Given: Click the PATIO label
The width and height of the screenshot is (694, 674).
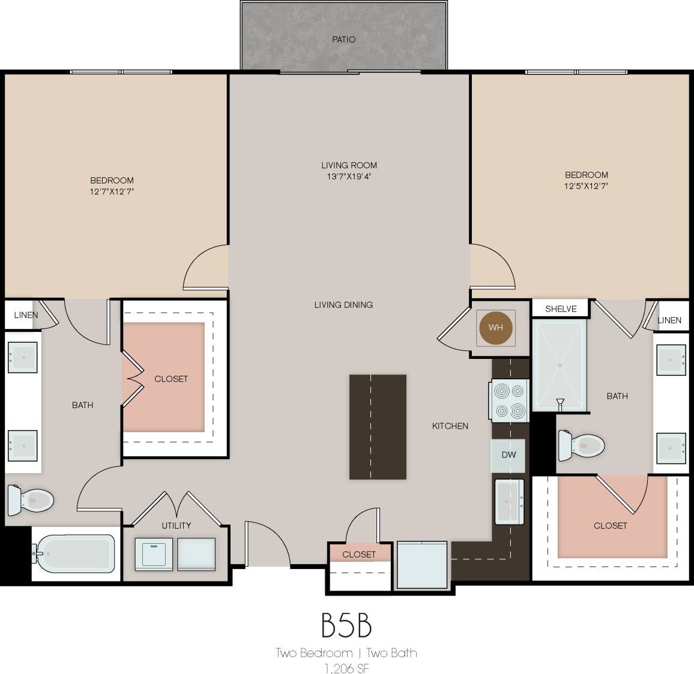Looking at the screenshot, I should pos(343,40).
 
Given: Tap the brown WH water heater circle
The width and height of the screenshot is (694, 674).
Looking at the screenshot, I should pos(495,327).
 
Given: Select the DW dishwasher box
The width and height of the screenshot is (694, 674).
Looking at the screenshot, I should pos(508,454).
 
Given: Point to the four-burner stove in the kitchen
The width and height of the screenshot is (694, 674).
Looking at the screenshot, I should pos(509,401).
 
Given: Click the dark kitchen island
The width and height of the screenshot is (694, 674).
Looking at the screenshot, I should pos(378,427).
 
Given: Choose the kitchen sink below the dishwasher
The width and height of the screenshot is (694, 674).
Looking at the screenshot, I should pos(509,501).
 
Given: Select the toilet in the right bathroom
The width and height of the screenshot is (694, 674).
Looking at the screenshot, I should pos(581,445).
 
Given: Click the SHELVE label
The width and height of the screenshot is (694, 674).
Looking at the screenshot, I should pos(561,309).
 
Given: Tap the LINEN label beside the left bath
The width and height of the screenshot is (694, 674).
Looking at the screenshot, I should pos(26,315).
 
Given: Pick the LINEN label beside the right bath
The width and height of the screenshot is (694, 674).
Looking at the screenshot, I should pos(669,320).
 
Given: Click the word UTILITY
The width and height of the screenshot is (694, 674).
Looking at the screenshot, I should pos(176,525).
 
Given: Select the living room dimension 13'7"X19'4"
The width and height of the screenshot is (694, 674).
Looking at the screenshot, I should pos(349,176).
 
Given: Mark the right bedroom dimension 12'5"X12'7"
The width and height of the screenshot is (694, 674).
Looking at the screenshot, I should pos(587,186).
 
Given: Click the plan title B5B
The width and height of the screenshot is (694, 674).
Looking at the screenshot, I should pos(346,625).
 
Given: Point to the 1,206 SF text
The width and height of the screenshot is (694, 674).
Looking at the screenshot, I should pos(346,669).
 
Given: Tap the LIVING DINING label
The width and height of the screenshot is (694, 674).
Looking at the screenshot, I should pos(343,305).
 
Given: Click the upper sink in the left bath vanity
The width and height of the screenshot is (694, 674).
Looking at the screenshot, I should pos(23,358).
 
